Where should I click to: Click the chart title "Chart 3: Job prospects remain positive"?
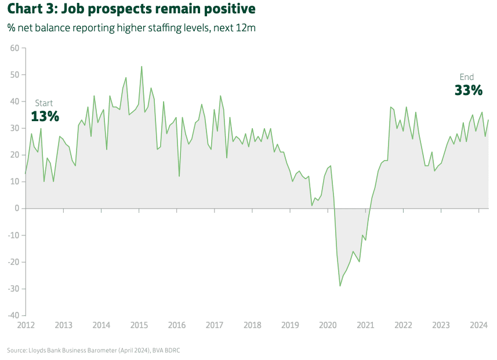[131, 10]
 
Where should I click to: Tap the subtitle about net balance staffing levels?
[131, 27]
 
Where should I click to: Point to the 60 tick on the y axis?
[15, 48]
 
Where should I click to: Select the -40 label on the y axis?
[13, 315]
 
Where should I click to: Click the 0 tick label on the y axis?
[17, 208]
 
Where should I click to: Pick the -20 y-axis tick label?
[13, 262]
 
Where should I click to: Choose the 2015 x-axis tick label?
[139, 325]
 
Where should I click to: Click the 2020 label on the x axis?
[328, 325]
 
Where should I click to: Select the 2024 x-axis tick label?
[478, 325]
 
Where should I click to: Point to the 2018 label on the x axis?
[252, 325]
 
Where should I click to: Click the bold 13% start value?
[45, 116]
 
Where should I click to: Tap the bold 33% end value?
[468, 90]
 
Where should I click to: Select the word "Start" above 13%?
[44, 103]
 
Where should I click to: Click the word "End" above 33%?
[467, 77]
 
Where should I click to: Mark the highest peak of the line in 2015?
[142, 66]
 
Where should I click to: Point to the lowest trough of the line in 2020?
[340, 286]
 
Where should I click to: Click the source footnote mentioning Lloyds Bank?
[97, 350]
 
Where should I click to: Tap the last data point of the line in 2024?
[488, 120]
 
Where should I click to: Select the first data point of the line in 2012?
[26, 173]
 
